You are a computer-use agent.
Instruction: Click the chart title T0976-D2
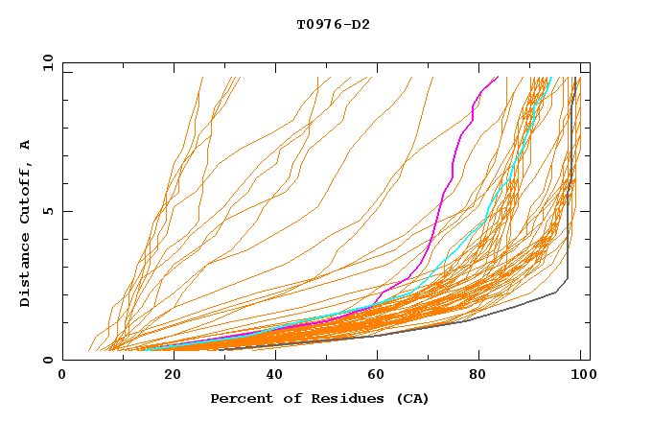(x=333, y=24)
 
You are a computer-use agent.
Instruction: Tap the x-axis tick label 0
(x=62, y=377)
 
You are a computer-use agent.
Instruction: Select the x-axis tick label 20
(x=167, y=377)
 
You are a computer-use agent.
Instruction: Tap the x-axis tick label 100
(x=580, y=377)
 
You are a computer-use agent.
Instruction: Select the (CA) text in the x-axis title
(x=411, y=398)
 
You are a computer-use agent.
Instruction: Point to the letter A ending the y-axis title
(x=26, y=145)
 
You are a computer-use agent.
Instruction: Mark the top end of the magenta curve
(x=498, y=77)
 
